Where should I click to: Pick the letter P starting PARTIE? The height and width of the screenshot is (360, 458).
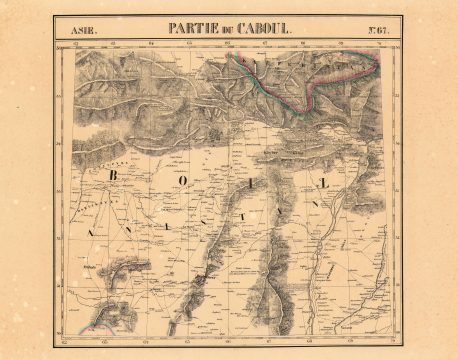point(172,29)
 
